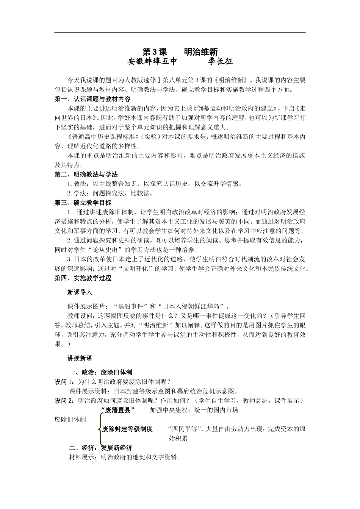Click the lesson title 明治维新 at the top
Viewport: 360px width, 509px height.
pos(200,52)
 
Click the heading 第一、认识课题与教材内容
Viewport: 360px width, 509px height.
pos(92,99)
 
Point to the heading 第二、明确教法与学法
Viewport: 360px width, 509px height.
pos(86,174)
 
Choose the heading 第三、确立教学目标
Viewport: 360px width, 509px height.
pos(83,203)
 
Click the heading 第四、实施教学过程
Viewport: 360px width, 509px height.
pos(83,278)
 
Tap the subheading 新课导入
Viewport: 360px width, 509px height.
pos(80,292)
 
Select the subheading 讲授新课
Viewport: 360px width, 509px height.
pos(80,358)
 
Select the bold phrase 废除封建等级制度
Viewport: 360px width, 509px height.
pos(127,429)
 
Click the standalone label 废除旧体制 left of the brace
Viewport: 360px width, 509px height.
pos(70,420)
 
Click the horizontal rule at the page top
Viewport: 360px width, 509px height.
pos(180,33)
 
